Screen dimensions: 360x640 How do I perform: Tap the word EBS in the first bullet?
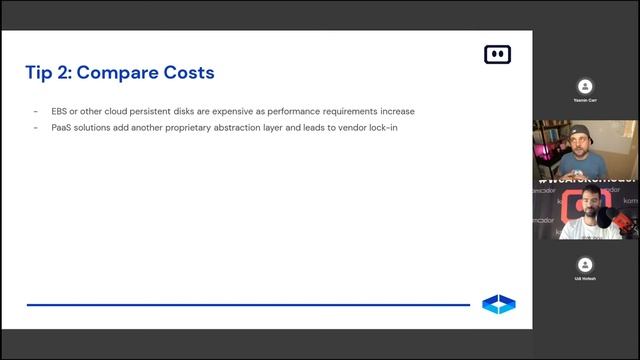pos(60,111)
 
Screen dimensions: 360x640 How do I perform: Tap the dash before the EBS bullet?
pos(36,111)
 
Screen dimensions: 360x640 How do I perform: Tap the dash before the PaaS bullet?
pos(36,128)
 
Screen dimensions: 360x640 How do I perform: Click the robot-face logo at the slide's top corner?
pos(497,54)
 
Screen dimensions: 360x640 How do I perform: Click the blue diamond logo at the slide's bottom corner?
pos(498,304)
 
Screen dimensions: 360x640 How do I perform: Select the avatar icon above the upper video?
pos(585,86)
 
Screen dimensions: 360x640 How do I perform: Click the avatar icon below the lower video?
pos(585,263)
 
